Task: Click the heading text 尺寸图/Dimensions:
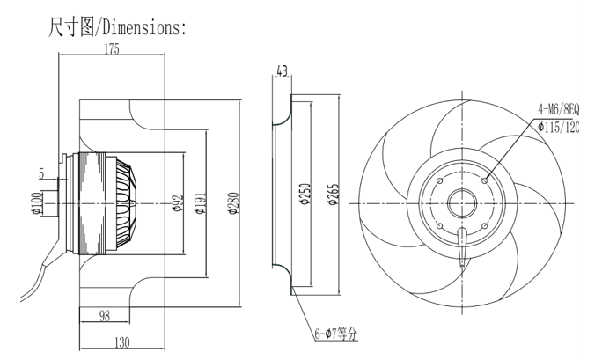(115, 28)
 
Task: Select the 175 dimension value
(111, 50)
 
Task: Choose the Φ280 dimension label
(231, 204)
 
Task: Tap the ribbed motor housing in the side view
(97, 204)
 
